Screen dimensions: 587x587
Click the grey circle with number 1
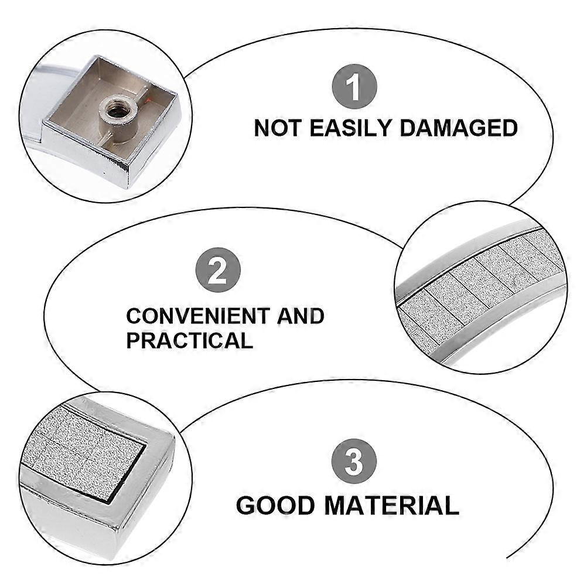[354, 87]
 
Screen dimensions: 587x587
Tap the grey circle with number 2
[218, 270]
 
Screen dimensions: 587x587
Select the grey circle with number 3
[354, 461]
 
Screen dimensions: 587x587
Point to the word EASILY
[350, 128]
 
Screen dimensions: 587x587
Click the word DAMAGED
[459, 128]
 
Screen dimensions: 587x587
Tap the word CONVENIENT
[199, 316]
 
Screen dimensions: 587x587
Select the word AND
[301, 316]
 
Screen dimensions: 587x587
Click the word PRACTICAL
[189, 340]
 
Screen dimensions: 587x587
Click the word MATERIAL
[391, 506]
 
